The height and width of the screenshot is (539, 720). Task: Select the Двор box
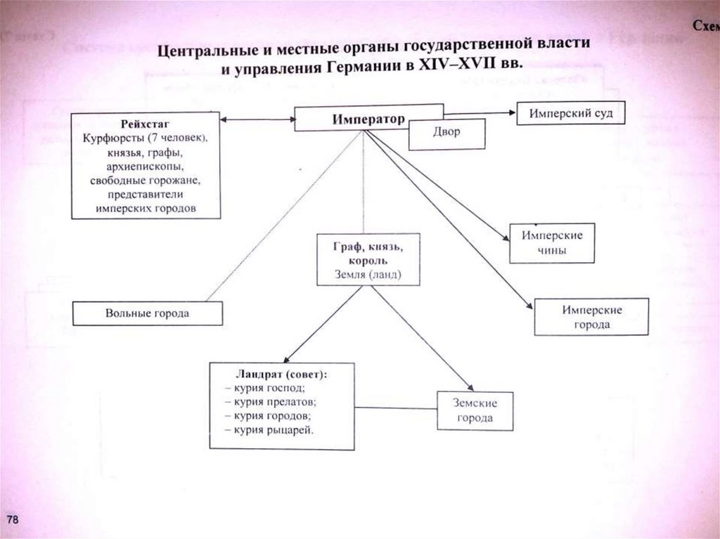(x=446, y=133)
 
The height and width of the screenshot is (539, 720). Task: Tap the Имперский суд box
(x=570, y=113)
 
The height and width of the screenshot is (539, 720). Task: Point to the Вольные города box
(x=148, y=313)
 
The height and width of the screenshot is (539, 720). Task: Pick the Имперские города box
(x=591, y=317)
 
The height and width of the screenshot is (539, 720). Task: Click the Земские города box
(x=476, y=410)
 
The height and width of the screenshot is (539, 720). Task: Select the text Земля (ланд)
(x=368, y=274)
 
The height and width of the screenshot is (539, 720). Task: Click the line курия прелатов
(x=271, y=402)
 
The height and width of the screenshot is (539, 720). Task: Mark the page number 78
(x=14, y=519)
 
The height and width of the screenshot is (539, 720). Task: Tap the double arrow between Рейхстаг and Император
(x=257, y=120)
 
